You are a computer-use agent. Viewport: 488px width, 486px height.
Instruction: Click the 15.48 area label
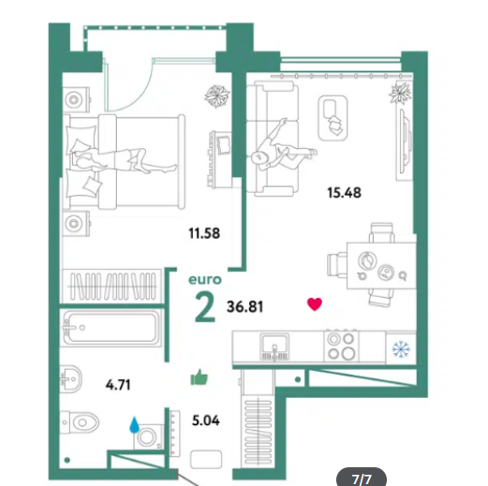[x=344, y=193]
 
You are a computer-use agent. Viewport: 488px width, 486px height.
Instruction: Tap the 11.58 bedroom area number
[x=204, y=233]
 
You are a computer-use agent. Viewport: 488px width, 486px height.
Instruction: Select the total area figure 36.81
[x=245, y=306]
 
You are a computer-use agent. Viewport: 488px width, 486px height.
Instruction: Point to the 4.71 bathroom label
[x=118, y=385]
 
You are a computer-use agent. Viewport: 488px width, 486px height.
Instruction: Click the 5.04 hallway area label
[x=206, y=420]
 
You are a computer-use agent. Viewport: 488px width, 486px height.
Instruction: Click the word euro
[x=205, y=280]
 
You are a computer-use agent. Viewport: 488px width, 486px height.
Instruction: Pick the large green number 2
[x=205, y=308]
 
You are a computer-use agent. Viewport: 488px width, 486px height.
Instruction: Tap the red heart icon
[x=315, y=304]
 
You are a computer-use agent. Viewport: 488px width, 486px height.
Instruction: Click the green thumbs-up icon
[x=200, y=377]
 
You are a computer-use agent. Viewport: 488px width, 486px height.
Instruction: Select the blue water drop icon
[x=134, y=425]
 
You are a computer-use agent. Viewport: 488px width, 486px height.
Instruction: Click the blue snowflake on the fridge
[x=401, y=349]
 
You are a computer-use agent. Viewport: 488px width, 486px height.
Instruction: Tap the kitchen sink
[x=274, y=346]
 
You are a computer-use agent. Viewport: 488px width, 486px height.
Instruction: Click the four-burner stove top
[x=341, y=346]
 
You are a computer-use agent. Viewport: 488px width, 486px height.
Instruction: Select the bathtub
[x=111, y=328]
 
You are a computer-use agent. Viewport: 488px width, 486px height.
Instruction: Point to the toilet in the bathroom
[x=80, y=422]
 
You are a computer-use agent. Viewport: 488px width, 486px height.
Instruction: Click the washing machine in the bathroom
[x=149, y=437]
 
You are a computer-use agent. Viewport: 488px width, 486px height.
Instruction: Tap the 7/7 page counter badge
[x=362, y=477]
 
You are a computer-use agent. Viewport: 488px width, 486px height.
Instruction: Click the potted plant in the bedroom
[x=217, y=96]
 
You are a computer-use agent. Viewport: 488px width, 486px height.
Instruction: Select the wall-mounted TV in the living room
[x=405, y=144]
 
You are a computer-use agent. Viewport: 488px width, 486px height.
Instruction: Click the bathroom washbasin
[x=70, y=379]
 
